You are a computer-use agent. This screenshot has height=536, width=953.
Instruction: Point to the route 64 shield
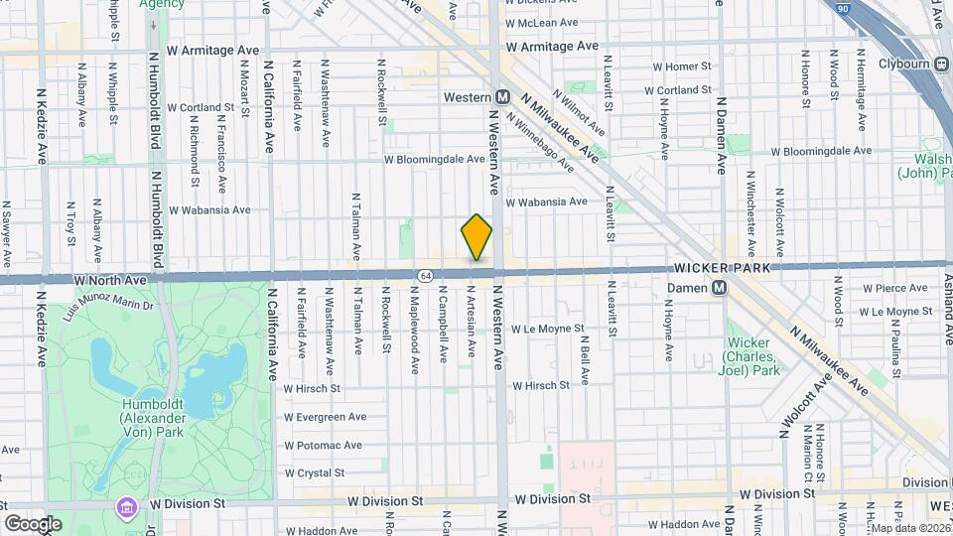425,274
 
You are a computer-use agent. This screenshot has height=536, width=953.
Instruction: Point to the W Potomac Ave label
322,446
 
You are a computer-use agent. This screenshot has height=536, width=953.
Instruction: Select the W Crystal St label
314,473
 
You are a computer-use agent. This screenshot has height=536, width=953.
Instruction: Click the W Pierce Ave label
895,288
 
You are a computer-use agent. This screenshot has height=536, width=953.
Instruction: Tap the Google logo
33,524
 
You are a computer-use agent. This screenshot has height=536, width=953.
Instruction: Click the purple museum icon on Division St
125,507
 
